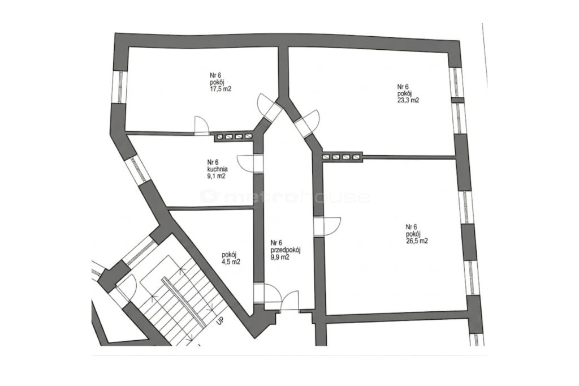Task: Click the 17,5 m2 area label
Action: [x=221, y=89]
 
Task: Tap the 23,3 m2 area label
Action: [x=408, y=100]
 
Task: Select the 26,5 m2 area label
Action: [x=417, y=241]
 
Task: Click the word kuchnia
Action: [x=217, y=169]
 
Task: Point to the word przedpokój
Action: [x=286, y=250]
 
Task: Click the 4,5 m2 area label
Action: [x=231, y=262]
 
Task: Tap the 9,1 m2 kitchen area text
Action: [x=216, y=176]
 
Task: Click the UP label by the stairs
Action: [x=220, y=320]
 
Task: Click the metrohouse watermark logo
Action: [x=285, y=196]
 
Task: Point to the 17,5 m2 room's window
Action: [x=120, y=87]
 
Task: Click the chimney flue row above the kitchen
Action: [x=234, y=137]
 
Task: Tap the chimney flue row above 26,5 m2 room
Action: [x=342, y=157]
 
